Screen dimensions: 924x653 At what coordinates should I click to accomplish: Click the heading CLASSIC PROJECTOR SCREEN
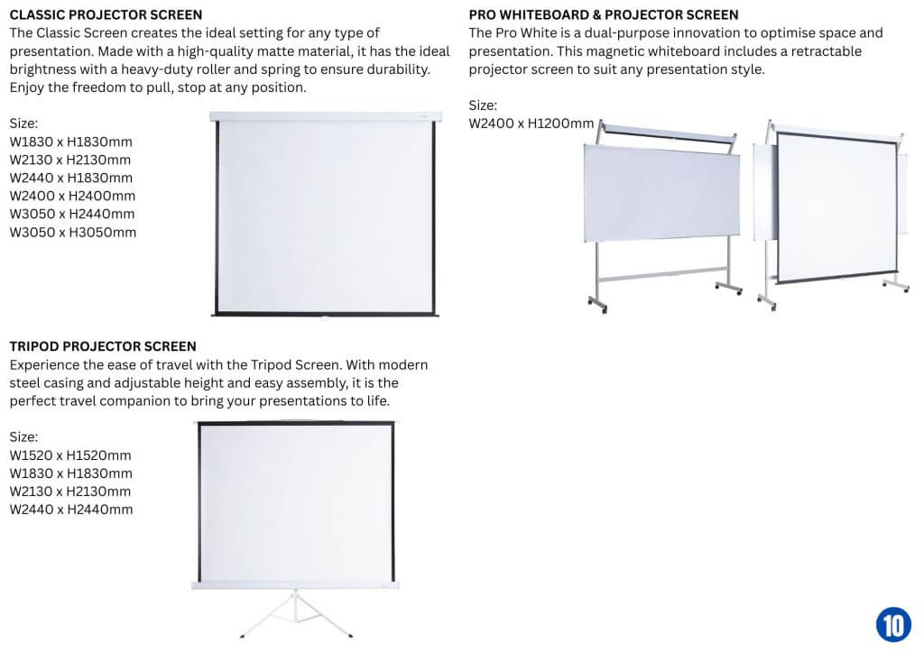click(x=106, y=14)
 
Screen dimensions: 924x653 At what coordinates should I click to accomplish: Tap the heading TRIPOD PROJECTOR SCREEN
click(x=103, y=346)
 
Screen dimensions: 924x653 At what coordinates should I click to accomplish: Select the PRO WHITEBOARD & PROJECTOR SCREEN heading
click(x=604, y=14)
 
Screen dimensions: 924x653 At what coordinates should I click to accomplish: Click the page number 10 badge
click(x=893, y=624)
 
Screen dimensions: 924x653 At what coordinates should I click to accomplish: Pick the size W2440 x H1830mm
click(x=70, y=178)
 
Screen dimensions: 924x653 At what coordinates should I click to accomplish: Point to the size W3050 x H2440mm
click(x=72, y=214)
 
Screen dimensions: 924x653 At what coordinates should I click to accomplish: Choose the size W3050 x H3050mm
click(x=72, y=232)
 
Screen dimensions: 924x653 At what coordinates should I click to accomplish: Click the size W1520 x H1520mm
click(x=70, y=455)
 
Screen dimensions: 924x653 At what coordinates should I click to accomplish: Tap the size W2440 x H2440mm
click(x=71, y=510)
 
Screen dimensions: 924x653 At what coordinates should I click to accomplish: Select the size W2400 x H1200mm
click(x=531, y=123)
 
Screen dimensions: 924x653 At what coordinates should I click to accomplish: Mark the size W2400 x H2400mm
click(x=72, y=196)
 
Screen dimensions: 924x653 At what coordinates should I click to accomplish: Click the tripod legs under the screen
click(x=296, y=615)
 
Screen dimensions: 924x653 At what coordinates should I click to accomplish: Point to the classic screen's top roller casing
click(x=326, y=116)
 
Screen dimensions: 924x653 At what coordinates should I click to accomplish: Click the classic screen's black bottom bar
click(x=325, y=314)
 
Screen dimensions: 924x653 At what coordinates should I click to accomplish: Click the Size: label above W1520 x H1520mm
click(x=23, y=437)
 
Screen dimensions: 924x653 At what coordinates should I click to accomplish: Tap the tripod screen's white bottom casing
click(x=295, y=585)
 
